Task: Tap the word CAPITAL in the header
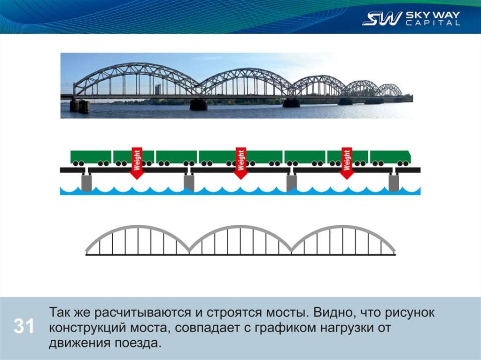point(433,23)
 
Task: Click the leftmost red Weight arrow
point(137,163)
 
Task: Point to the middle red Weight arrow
point(241,163)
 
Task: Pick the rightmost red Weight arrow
point(347,163)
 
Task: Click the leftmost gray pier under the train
point(87,182)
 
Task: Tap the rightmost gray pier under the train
point(394,182)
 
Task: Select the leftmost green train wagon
point(91,157)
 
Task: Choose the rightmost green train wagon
point(390,157)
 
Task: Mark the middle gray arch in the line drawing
point(240,229)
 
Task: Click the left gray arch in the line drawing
point(138,229)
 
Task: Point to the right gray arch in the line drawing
point(343,229)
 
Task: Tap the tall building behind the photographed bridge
point(158,89)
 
